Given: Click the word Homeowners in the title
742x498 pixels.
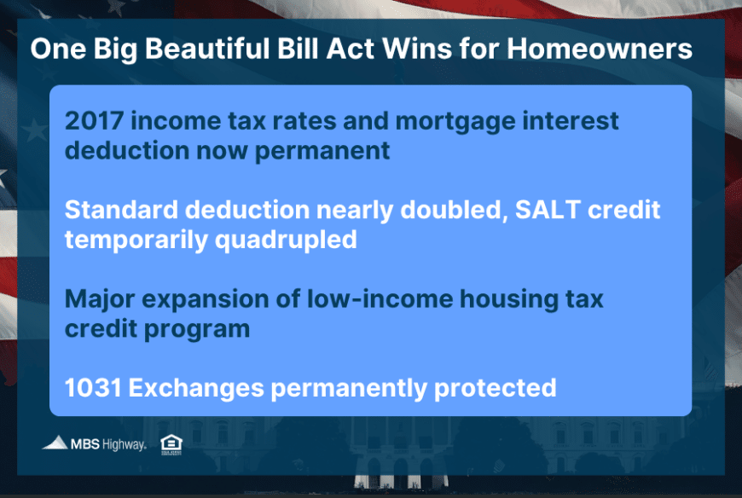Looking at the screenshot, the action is coord(600,49).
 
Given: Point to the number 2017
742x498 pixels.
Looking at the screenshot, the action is coord(94,120).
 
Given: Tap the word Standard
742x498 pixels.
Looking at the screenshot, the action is coord(121,210).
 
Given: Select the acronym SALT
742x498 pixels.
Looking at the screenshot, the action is coord(548,210).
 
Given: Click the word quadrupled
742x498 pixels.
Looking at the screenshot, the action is coord(286,240).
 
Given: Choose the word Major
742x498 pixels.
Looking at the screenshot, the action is coord(100,300).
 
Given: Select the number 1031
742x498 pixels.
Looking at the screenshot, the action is coord(93,388).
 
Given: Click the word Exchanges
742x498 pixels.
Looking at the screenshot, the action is coord(196,389).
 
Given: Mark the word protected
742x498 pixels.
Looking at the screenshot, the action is coord(495,389).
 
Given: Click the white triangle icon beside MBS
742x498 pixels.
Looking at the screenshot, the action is coord(55,443).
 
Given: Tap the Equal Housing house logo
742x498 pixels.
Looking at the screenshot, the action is coord(171,444).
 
